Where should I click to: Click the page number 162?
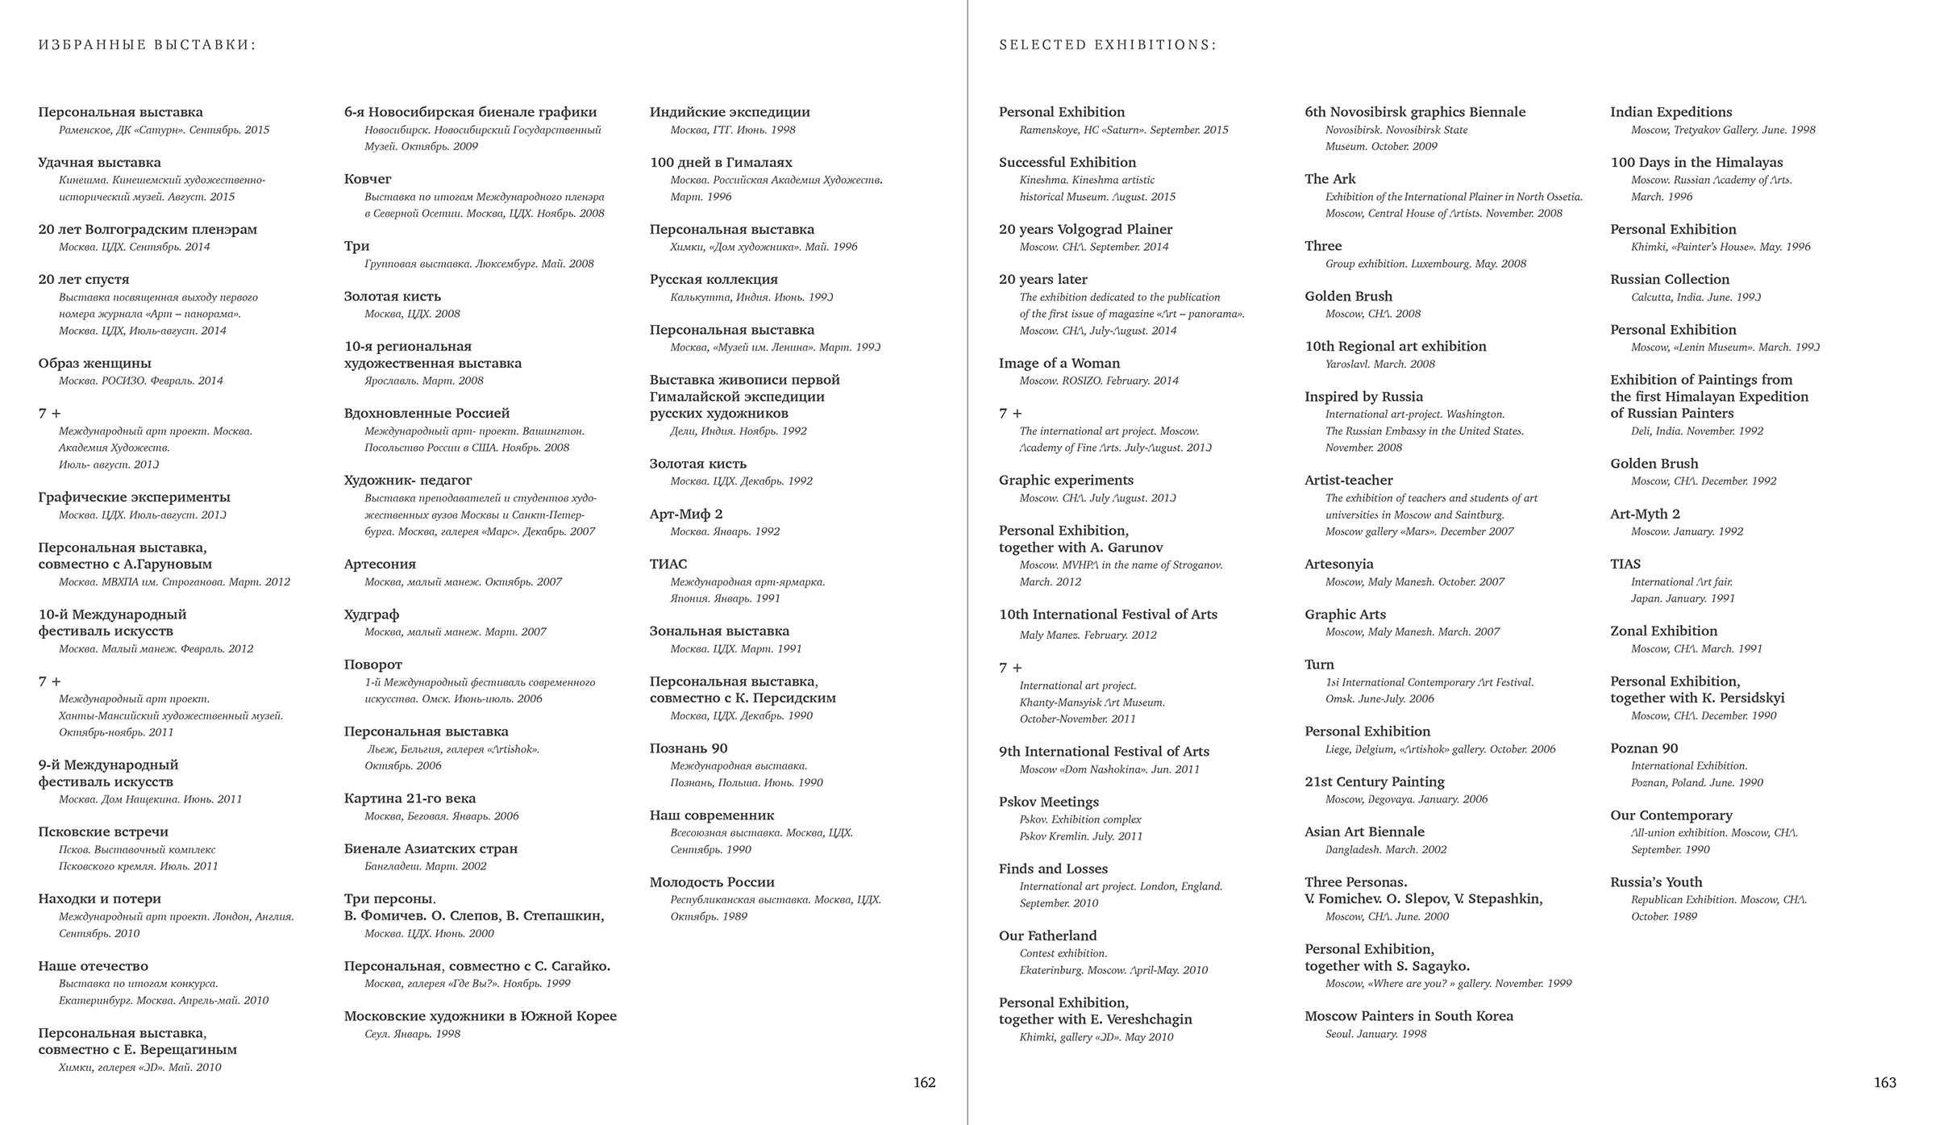(x=924, y=1082)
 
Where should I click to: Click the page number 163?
(x=1884, y=1082)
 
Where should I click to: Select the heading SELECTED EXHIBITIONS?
(x=1107, y=45)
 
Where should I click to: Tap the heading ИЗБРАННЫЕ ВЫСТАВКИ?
(x=147, y=45)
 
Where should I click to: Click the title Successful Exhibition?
(x=1067, y=162)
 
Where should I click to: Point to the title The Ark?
(x=1330, y=179)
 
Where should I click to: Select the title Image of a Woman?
(x=1059, y=363)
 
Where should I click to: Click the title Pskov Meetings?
(x=1048, y=802)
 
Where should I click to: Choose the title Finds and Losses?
(x=1053, y=869)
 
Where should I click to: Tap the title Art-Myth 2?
(x=1645, y=514)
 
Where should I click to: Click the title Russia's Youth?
(x=1656, y=882)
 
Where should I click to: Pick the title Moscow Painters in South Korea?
(x=1409, y=1016)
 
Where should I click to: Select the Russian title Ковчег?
(x=368, y=179)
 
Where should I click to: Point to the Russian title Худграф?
(x=371, y=615)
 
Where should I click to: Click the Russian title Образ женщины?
(x=94, y=363)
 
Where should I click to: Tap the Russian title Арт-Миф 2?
(x=686, y=514)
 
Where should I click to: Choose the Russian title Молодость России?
(x=712, y=882)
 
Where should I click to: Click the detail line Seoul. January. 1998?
(x=1375, y=1034)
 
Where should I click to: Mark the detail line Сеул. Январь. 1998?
(x=412, y=1034)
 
